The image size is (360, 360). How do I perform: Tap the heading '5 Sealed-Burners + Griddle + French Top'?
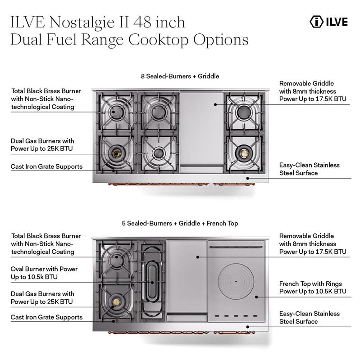click(x=180, y=223)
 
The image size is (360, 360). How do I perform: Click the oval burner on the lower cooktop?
click(x=151, y=282)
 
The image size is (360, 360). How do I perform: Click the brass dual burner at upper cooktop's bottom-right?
click(x=244, y=153)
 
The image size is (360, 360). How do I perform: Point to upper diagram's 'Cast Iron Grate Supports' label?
click(x=46, y=166)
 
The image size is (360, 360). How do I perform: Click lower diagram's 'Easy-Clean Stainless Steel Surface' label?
click(x=309, y=317)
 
